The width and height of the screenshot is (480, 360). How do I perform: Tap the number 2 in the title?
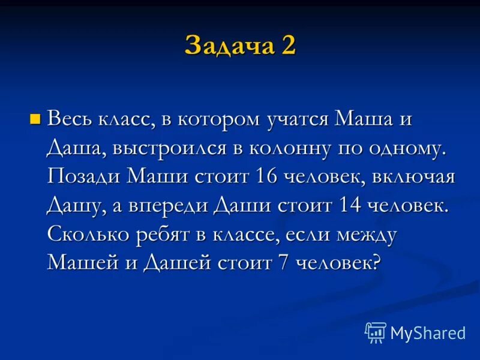point(286,46)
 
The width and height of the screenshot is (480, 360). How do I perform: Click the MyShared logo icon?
point(376,332)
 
